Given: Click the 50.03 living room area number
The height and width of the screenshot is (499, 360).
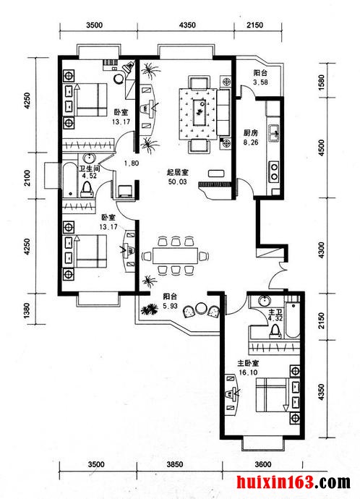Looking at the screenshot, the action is coord(177,182).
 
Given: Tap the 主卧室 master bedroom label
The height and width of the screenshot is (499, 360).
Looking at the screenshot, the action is coord(248,364).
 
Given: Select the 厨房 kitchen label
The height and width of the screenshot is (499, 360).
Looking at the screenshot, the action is coord(251,133).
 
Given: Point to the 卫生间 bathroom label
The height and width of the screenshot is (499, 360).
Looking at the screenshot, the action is coord(90,168).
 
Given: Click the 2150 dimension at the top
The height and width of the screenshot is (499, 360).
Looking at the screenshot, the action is coord(254,25).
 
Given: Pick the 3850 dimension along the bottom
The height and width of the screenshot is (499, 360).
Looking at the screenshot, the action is coord(175,464).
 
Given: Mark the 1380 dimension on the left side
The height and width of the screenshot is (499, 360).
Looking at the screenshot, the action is coord(27,310).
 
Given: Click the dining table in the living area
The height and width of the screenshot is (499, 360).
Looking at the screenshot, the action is coord(175,255).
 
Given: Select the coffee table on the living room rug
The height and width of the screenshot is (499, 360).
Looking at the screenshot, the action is coord(200,112).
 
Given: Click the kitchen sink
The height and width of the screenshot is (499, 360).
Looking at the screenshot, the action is coord(274,133).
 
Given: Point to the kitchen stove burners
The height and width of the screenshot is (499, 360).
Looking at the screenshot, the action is coord(274,171).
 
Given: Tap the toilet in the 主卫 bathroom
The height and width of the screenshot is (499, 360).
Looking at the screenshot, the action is coord(275,331).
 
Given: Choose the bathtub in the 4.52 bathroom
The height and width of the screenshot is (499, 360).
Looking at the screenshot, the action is coord(70,180).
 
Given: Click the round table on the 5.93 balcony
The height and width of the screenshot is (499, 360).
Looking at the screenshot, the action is coord(201,308).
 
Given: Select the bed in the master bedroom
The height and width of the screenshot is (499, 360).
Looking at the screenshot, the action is coord(273,395).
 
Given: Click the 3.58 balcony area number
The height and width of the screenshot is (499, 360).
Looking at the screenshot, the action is coord(260,82).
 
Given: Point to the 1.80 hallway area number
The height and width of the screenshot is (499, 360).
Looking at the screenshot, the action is coord(132,163).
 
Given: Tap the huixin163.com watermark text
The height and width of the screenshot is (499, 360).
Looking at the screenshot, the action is coord(293,482).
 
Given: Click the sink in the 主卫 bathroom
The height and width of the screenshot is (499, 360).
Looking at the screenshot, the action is coord(265,301).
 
